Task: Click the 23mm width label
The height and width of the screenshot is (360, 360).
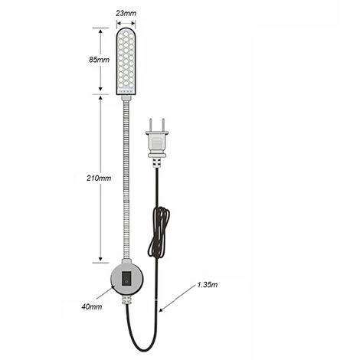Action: [126, 13]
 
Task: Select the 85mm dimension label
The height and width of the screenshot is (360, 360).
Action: [99, 60]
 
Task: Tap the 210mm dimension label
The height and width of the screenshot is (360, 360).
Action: [99, 178]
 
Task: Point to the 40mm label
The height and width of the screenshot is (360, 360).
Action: [92, 306]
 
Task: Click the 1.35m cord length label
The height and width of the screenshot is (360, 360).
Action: [208, 284]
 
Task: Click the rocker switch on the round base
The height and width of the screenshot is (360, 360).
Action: [127, 278]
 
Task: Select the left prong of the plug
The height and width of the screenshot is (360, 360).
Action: [151, 125]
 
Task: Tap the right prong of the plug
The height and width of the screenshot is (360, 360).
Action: [163, 125]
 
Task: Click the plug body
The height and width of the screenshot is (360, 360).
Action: [157, 144]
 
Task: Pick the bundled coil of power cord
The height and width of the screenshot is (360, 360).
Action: [159, 232]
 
